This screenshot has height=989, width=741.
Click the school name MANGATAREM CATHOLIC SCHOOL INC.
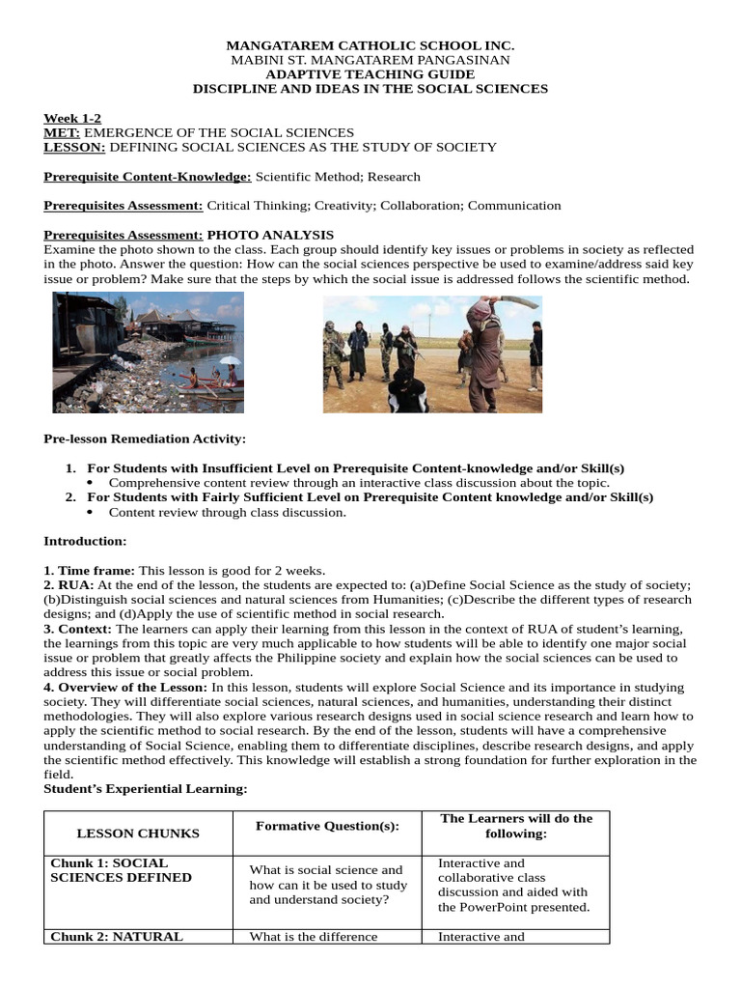click(x=370, y=45)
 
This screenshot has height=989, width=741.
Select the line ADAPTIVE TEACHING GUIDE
click(x=370, y=74)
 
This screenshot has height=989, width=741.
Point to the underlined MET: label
click(x=63, y=132)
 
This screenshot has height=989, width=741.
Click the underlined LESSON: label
click(x=75, y=147)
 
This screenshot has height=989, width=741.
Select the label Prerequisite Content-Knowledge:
click(x=148, y=177)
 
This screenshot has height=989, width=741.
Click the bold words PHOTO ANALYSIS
click(x=271, y=235)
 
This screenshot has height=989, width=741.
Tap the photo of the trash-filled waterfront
click(x=148, y=353)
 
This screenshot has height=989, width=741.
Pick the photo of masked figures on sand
click(x=432, y=354)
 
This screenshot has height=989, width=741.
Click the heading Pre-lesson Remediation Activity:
click(x=145, y=438)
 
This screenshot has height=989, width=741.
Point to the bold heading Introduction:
click(x=85, y=541)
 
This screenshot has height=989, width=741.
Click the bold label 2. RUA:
click(x=69, y=585)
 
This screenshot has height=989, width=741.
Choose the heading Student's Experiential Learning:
click(x=146, y=789)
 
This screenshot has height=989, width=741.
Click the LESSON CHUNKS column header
click(x=138, y=833)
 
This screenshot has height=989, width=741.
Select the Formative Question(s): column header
click(x=327, y=826)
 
